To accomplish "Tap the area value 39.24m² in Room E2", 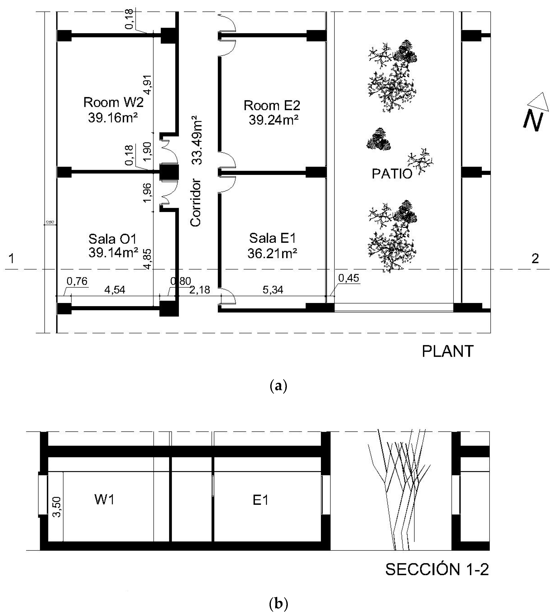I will coord(273,120).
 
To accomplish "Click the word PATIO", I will coord(392,174).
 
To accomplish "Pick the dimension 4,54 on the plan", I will coord(115,290).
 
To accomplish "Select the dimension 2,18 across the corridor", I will coord(199,290).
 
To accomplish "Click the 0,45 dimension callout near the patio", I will coord(349,278).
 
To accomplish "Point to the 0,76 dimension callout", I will coord(77,281).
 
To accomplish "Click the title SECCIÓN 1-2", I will coord(437,569).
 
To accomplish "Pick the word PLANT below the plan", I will coord(447,351).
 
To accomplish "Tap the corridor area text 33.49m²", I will coord(197,141).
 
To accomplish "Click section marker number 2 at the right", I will coord(535,259).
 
